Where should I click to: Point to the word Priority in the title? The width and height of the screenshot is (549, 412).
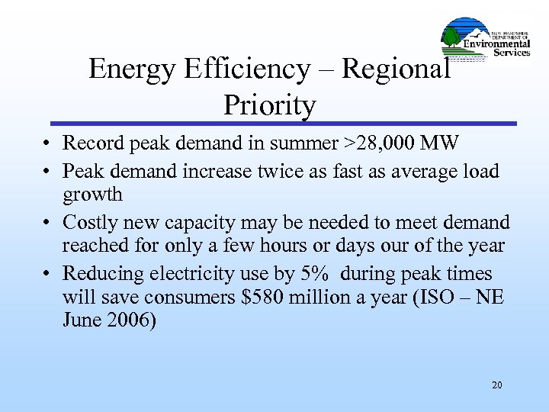269,105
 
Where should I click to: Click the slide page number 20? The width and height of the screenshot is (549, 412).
497,385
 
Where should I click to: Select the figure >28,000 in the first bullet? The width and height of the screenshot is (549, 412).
371,143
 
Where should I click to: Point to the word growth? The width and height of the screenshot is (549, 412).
92,195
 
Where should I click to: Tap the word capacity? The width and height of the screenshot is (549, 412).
201,222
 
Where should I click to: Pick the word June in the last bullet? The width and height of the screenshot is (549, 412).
82,320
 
